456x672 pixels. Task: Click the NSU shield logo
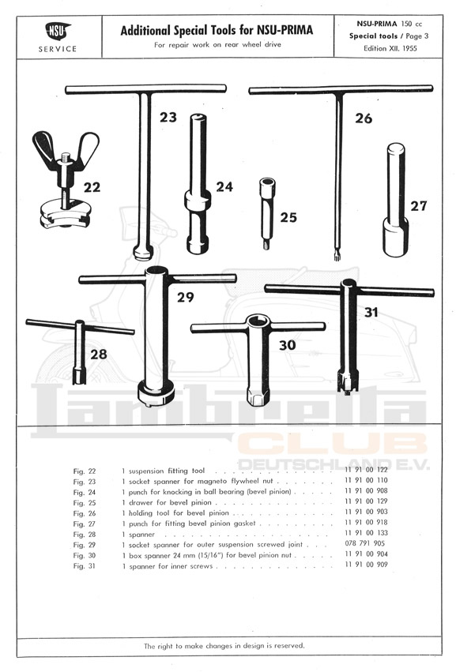pos(58,32)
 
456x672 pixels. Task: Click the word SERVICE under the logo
pos(58,49)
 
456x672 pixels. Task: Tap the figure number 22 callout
pos(92,187)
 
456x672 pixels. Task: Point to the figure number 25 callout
pos(288,217)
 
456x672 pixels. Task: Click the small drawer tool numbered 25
pos(266,213)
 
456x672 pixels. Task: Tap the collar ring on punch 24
pos(198,198)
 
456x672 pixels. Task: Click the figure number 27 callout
pos(418,206)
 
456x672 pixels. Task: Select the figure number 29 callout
pos(185,297)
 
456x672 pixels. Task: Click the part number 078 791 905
pos(364,543)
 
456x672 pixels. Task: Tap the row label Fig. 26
pos(84,513)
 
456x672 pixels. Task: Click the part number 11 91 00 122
pos(366,470)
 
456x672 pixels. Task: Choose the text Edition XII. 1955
pos(390,48)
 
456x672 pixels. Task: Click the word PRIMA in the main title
pos(297,31)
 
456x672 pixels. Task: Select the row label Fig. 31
pos(84,565)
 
